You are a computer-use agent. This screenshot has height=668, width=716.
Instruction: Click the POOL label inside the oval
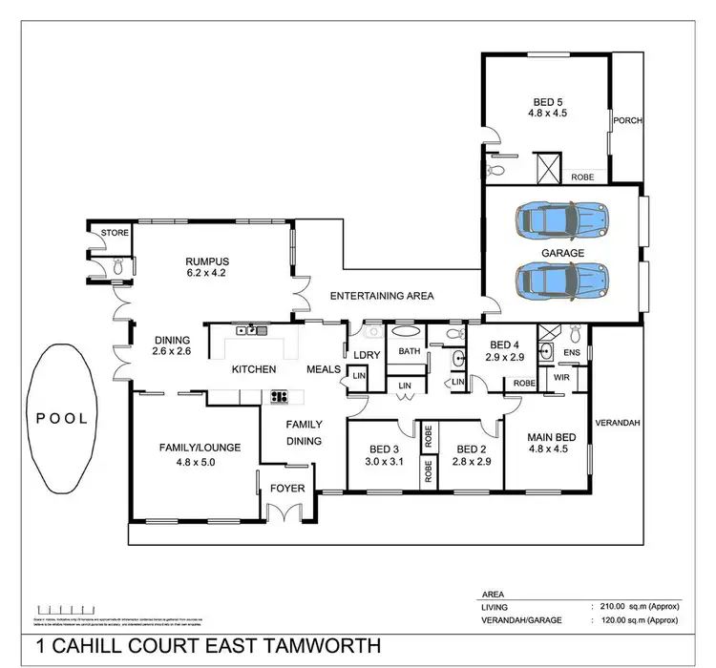coord(63,417)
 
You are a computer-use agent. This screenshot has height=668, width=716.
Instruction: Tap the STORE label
coord(115,232)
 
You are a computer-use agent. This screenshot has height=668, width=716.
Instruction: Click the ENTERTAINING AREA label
coord(382,296)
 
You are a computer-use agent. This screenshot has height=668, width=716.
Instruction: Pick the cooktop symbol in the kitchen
coord(281,394)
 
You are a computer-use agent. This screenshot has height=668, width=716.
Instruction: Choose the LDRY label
coord(367,355)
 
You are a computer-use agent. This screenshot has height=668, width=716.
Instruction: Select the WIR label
coord(562,377)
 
